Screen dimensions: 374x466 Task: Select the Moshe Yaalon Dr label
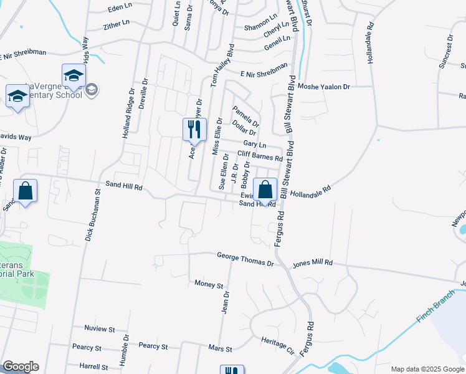[x=324, y=87]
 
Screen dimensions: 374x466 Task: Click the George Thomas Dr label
[x=245, y=256]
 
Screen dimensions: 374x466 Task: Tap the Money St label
[x=209, y=284]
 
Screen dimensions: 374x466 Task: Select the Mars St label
[x=221, y=349]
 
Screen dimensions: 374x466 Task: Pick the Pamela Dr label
[x=245, y=115]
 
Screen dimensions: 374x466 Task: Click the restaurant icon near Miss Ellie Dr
[x=194, y=128]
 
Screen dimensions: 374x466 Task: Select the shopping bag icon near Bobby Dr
[x=265, y=189]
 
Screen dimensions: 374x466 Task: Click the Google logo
[x=20, y=367]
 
